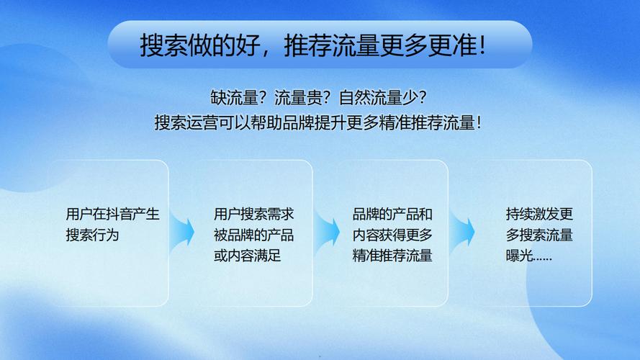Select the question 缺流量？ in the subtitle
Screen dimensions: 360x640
coord(233,96)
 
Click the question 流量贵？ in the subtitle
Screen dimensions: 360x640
coord(297,96)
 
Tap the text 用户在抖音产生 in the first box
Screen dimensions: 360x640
coord(112,215)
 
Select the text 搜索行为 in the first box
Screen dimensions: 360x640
coord(91,235)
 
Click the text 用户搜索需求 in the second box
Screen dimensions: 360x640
coord(253,215)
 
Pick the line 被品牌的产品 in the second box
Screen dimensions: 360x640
coord(253,235)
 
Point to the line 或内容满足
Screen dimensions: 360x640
coord(247,256)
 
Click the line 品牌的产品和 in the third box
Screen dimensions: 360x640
coord(392,215)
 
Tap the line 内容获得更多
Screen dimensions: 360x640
coord(392,235)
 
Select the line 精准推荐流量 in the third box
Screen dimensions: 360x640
coord(392,256)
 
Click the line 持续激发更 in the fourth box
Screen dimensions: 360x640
coord(539,215)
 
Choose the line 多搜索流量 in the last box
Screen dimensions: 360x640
coord(539,235)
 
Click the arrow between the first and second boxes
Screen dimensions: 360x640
coord(183,232)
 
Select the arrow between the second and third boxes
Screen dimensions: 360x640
coord(328,232)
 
